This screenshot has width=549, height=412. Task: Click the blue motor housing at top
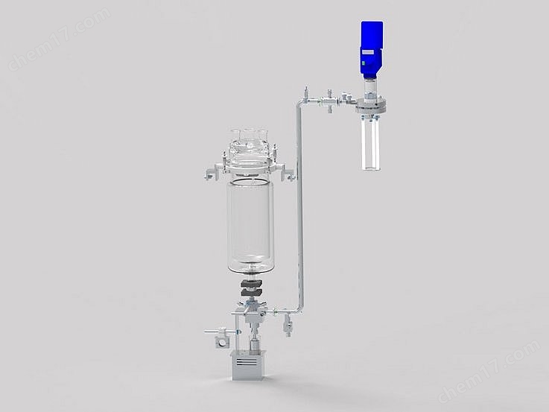372,34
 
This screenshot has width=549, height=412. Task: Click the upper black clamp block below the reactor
250,283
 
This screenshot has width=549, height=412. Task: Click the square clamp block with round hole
221,342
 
